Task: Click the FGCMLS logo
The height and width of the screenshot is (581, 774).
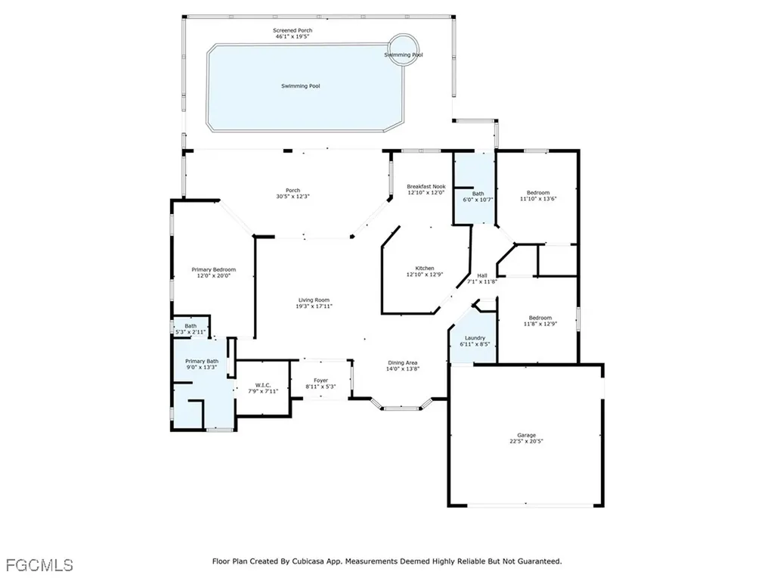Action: coord(39,564)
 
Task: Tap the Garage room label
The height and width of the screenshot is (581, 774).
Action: coord(526,435)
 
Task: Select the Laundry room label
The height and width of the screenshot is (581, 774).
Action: coord(475,338)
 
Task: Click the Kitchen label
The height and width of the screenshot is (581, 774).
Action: coord(424,269)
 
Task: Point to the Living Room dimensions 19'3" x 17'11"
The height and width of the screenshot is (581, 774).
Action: coord(314,307)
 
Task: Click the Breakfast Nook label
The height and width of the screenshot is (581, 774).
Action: coord(426,186)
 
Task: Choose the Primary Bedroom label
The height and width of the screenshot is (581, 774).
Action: coord(213,270)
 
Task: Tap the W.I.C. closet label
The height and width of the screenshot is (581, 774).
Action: coord(263,385)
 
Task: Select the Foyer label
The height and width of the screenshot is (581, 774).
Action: coord(320,381)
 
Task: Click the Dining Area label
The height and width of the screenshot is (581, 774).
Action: coord(402,363)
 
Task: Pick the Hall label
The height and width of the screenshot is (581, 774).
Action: coord(481,275)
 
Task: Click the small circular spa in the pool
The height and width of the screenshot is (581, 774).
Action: coord(404,49)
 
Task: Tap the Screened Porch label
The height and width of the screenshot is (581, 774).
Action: coord(293,30)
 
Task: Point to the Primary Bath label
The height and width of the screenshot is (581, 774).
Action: coord(202,362)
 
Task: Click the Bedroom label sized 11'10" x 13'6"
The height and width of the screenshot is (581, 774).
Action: coord(538,193)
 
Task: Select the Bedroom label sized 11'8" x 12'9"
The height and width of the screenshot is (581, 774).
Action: coord(540,318)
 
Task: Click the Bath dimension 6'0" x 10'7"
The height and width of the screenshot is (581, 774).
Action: coord(478,200)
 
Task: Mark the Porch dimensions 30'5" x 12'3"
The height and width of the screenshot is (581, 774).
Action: coord(293,197)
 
